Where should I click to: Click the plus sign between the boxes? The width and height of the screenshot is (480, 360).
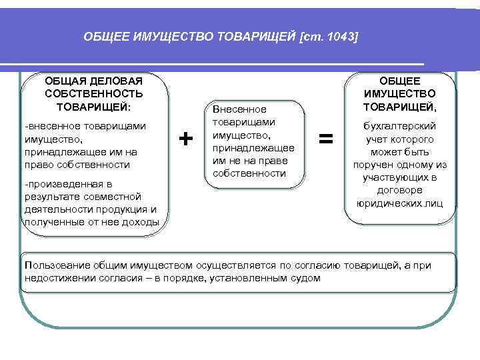click(x=186, y=139)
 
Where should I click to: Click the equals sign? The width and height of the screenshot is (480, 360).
click(x=325, y=139)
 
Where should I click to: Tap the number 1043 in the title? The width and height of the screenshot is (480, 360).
click(x=339, y=37)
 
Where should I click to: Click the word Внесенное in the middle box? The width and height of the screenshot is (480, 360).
click(x=239, y=109)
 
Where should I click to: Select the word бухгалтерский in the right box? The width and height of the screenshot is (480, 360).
click(x=400, y=126)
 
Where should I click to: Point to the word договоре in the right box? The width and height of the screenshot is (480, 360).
click(x=400, y=191)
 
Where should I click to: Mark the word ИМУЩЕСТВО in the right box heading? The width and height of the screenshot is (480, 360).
click(x=400, y=93)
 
